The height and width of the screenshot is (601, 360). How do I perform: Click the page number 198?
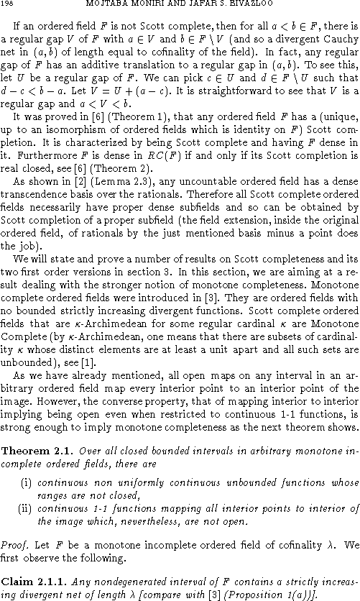tap(7, 6)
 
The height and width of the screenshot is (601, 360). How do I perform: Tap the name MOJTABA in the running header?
tap(115, 6)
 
